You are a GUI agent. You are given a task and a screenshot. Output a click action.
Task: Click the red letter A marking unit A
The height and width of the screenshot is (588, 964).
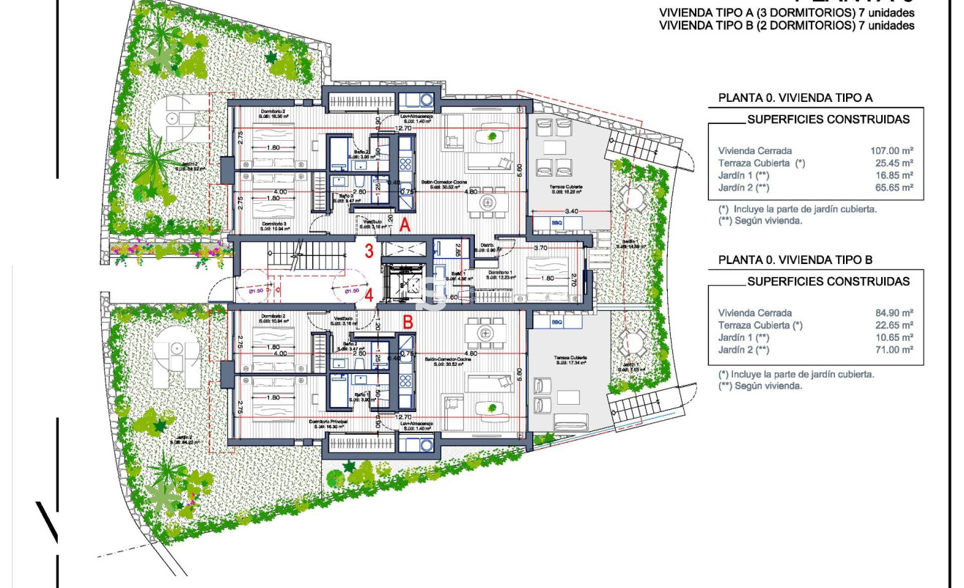[404, 227]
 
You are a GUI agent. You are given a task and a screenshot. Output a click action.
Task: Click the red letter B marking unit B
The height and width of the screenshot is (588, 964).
[408, 321]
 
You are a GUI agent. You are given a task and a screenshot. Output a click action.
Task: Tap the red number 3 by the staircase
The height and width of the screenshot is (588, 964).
[369, 251]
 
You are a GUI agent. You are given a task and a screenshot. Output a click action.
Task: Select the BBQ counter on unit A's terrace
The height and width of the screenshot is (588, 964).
[547, 222]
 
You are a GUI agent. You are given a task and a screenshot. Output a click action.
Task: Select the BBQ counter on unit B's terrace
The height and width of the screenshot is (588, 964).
[547, 322]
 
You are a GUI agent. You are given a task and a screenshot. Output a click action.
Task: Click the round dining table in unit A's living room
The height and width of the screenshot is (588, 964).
[489, 200]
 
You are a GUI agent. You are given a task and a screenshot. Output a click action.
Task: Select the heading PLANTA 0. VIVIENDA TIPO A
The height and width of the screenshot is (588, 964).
[795, 98]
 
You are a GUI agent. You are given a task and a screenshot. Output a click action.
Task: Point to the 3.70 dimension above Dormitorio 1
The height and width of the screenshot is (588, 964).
[542, 249]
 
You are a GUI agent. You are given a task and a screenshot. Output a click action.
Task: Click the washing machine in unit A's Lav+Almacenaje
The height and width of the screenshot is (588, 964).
[426, 99]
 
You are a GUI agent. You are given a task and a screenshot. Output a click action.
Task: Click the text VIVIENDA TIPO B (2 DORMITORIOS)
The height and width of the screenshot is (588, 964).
[757, 25]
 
